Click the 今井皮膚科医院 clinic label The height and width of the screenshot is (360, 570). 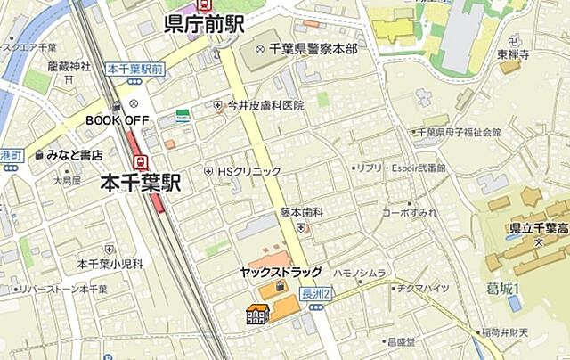coord(265,105)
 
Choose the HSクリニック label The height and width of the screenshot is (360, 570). coord(249,171)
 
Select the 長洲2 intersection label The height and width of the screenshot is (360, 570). coord(317,293)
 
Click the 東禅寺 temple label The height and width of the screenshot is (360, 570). coord(515,53)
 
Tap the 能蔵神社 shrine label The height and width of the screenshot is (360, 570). coord(69,66)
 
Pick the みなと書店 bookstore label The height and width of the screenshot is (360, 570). coord(75,155)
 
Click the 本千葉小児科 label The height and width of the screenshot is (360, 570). coord(110,264)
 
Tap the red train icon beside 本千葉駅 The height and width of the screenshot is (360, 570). coord(141,161)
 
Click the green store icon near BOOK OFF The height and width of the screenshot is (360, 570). coord(183,115)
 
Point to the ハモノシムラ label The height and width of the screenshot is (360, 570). coord(360,273)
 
